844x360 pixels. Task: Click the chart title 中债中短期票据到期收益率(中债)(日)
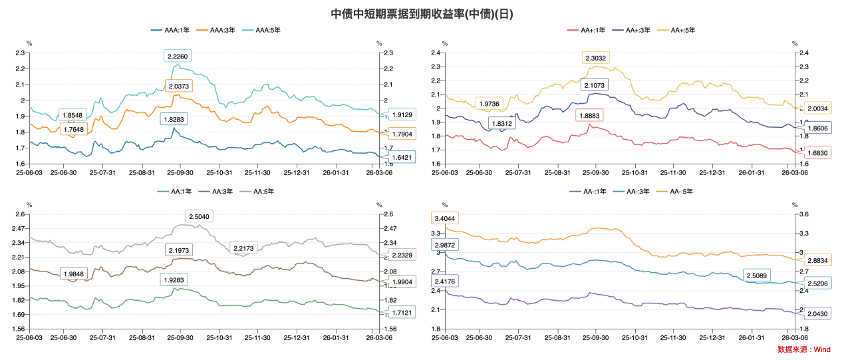tap(422, 13)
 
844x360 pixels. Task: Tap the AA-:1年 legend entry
tap(589, 192)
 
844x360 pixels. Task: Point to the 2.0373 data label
tap(179, 87)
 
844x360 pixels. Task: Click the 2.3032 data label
tap(595, 58)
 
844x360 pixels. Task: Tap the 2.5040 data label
tap(200, 216)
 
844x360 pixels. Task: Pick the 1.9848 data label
tap(72, 274)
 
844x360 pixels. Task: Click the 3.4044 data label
tap(445, 218)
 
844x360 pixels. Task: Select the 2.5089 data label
tap(756, 275)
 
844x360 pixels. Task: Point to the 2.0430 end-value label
tap(817, 313)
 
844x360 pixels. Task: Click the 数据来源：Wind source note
tap(803, 349)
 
